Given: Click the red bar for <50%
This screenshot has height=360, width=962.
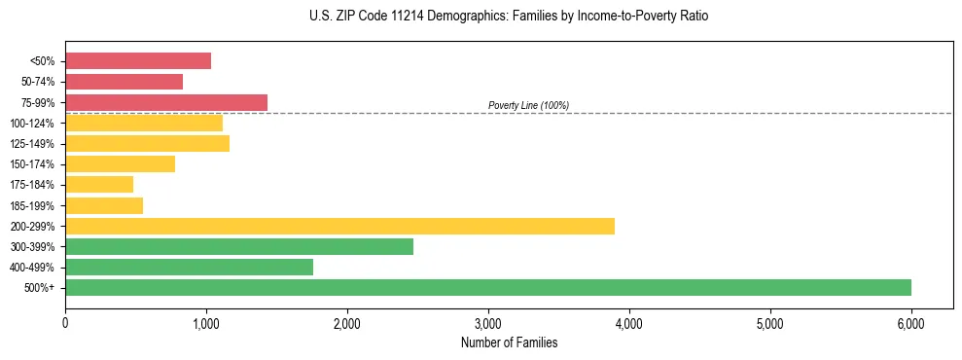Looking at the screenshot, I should tap(138, 60).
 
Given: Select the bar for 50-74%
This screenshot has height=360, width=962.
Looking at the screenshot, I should tap(124, 82).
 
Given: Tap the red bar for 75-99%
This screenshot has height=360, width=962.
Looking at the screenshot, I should tap(166, 102).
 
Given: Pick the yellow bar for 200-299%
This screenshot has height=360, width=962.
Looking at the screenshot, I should tap(339, 226).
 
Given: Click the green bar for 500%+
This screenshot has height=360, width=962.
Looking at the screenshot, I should tap(488, 287).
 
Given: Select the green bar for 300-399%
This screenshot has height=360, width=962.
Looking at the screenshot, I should tap(239, 246).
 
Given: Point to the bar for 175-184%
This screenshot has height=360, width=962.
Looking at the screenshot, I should tap(99, 184).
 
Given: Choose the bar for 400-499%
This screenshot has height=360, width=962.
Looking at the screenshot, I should tap(189, 267).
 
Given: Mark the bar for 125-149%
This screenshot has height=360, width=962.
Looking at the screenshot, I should tap(147, 143).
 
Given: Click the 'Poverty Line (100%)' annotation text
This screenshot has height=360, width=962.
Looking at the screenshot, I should tap(528, 105).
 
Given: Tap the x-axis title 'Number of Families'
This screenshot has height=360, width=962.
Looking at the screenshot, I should tap(510, 342).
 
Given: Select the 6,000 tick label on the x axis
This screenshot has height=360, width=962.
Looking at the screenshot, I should tap(911, 323).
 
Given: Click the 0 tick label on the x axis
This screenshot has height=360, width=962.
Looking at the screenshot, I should tap(65, 323).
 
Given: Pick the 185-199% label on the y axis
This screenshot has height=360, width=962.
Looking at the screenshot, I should tap(33, 205).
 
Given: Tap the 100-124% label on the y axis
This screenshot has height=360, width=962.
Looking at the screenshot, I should tap(33, 123).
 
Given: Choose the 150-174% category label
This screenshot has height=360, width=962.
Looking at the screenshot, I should tap(33, 164).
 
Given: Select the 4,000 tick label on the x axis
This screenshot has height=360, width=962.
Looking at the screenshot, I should tap(629, 323).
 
